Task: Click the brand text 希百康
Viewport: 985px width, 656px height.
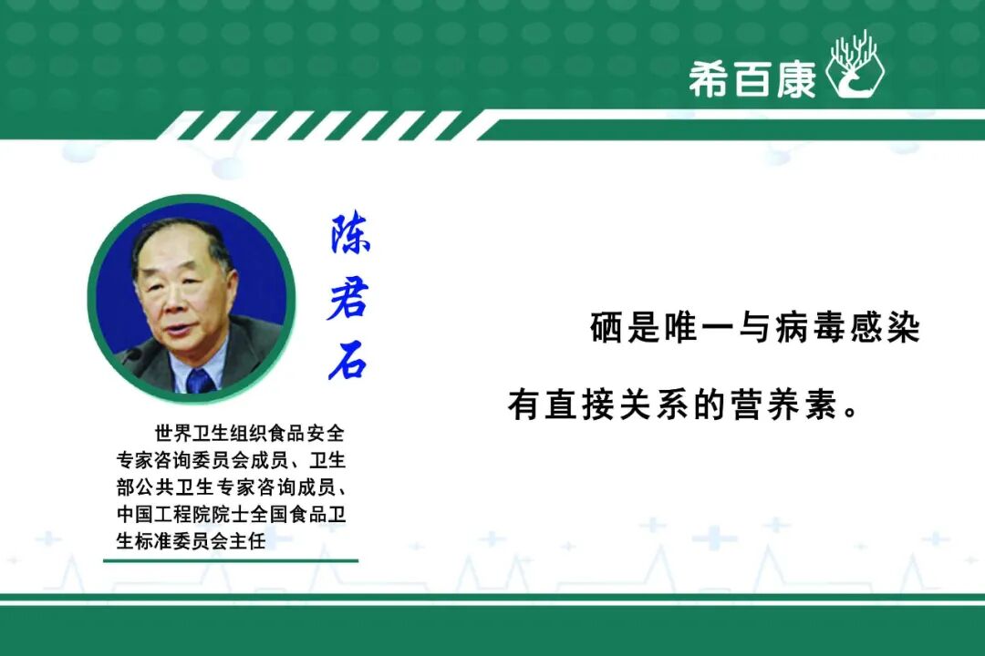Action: pos(752,79)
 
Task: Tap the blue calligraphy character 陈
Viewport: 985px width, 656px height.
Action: pos(350,233)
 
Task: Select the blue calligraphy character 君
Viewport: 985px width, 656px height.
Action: pos(347,298)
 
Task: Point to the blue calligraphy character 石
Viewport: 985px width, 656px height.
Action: pos(347,361)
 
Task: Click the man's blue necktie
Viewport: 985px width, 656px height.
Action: pos(201,381)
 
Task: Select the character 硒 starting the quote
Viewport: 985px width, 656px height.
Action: pos(607,327)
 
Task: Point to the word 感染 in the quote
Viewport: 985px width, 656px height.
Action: pos(886,327)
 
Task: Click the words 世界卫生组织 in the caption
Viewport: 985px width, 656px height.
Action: pos(211,433)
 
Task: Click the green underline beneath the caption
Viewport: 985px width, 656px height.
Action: pos(231,560)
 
